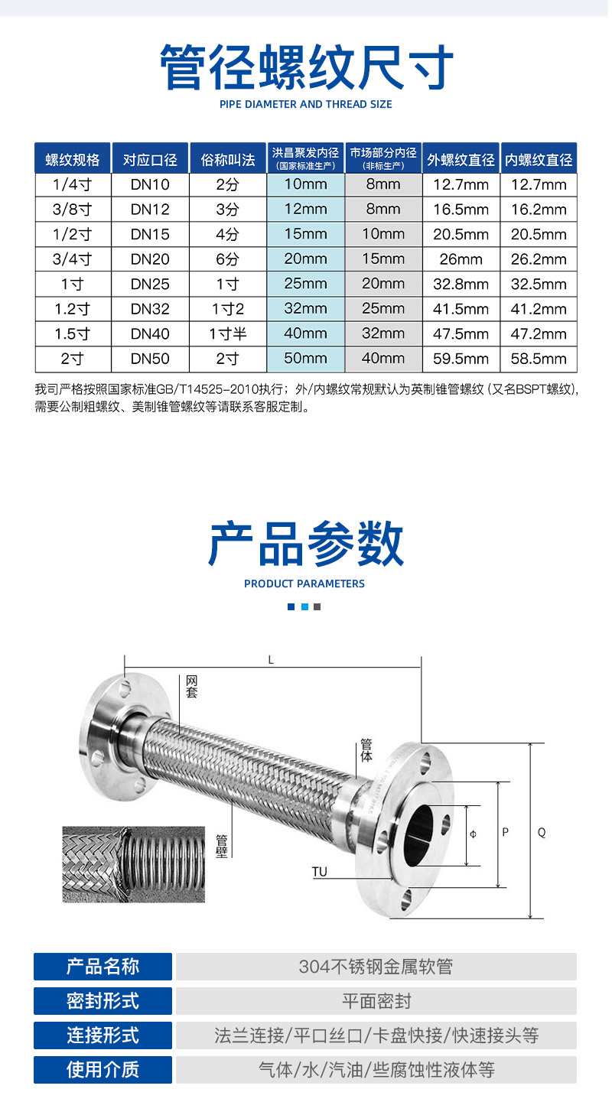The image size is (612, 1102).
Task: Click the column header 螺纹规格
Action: [73, 159]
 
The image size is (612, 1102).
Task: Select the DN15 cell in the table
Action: [150, 234]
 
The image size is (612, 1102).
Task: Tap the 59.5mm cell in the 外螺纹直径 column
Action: [461, 359]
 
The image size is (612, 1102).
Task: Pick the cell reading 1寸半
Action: [228, 334]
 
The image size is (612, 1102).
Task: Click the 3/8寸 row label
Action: [73, 210]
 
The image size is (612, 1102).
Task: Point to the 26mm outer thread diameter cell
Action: [461, 259]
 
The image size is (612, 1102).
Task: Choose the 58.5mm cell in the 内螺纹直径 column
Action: [539, 359]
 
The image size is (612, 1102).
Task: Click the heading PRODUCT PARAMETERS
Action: [304, 584]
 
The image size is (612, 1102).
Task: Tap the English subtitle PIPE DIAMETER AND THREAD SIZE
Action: [305, 104]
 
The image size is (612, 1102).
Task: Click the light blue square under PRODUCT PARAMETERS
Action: [304, 606]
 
